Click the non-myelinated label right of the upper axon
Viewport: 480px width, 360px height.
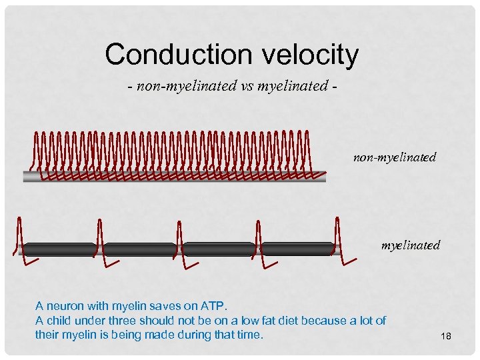pos(395,157)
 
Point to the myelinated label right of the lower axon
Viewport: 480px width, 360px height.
pos(410,245)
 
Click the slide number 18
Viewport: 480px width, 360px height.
pos(446,337)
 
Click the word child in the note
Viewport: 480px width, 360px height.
pos(59,320)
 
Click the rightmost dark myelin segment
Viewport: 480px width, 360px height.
pos(297,249)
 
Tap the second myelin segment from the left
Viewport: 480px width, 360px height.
pos(139,249)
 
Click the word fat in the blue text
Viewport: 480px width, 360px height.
pos(273,320)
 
